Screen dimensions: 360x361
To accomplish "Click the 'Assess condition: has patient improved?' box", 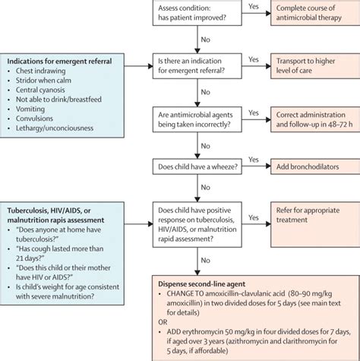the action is [197, 13].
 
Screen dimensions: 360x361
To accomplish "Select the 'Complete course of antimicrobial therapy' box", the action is [315, 13].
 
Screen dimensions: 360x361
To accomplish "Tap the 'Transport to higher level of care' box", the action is [315, 66].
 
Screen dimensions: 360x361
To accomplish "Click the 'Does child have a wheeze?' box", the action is [197, 166].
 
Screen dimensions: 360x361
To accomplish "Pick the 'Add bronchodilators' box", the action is [315, 166].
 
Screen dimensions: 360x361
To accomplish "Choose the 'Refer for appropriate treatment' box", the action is [315, 224].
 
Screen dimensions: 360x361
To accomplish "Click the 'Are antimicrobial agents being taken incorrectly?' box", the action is [197, 119].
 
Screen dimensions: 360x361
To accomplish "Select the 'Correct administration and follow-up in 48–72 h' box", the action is [315, 119].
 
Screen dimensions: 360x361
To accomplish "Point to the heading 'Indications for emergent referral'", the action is [59, 62].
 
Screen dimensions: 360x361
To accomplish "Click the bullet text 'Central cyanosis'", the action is [40, 90].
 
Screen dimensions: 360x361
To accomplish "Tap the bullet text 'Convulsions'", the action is [34, 119].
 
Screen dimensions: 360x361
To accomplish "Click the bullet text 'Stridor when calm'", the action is [43, 81].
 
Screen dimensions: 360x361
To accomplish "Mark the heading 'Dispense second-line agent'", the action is [202, 284].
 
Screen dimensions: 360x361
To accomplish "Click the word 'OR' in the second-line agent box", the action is [163, 322].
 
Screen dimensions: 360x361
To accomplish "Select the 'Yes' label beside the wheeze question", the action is [254, 160].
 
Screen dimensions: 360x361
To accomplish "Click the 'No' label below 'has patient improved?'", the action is [205, 40].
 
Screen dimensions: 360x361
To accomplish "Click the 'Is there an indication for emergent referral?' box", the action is [197, 66].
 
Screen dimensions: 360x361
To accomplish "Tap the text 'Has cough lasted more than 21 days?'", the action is [60, 253].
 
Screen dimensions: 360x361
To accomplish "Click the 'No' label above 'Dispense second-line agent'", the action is [205, 261].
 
